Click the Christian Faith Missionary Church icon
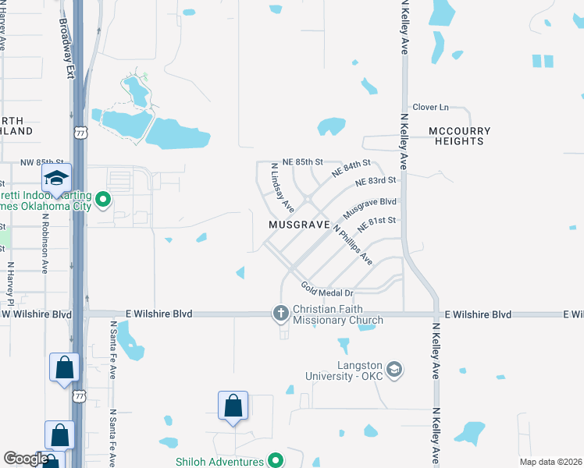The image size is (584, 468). [281, 314]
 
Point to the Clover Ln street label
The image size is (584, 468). [430, 107]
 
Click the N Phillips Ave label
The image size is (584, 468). [353, 244]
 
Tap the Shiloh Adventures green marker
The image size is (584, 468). [275, 460]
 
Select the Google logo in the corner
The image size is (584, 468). [26, 459]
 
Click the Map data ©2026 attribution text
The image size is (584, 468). [551, 462]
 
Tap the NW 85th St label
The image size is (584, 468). [20, 162]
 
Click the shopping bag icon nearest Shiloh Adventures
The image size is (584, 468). [233, 406]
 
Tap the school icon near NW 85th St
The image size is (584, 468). [56, 179]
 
